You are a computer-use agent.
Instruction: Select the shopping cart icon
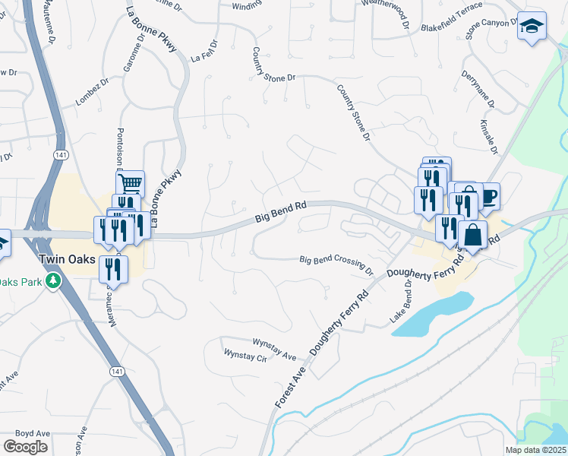click(130, 183)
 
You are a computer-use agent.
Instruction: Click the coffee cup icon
click(487, 196)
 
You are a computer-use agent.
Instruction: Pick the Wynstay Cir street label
click(247, 356)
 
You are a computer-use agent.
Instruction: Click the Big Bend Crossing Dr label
click(336, 264)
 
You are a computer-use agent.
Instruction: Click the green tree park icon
click(53, 282)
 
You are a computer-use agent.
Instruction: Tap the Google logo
click(26, 447)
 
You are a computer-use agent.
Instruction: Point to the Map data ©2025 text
click(536, 450)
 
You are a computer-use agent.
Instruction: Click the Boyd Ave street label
click(33, 434)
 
